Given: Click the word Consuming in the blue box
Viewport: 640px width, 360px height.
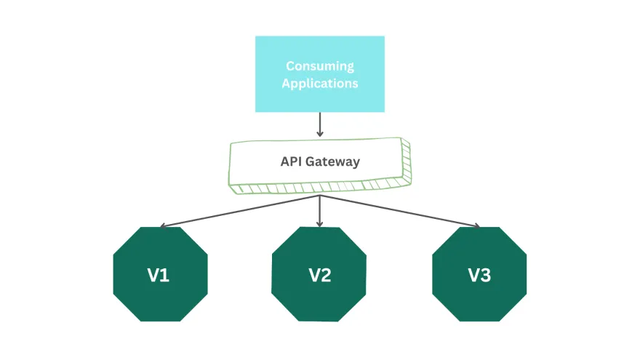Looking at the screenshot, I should [320, 66].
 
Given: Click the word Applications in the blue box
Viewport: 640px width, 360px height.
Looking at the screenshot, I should [320, 83].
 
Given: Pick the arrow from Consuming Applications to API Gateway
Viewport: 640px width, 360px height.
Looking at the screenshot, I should [320, 124].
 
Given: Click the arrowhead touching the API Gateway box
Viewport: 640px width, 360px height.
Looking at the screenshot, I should [320, 135].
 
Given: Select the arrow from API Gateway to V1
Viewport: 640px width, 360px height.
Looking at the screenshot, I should [240, 211].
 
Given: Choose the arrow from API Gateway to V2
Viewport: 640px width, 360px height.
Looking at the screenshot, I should [320, 211].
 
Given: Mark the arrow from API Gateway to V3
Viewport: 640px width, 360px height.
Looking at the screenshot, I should [400, 211].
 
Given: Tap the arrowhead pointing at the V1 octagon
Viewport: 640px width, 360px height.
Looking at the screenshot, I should [163, 225].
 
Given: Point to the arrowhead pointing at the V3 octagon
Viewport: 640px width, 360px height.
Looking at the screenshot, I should [477, 225].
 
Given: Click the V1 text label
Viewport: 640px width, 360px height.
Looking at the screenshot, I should [160, 276].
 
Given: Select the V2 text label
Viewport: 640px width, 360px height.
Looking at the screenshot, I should [320, 276].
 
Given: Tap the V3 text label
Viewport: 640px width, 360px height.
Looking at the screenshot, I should [479, 276].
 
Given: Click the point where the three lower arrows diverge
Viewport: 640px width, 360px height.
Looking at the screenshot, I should [320, 195].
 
